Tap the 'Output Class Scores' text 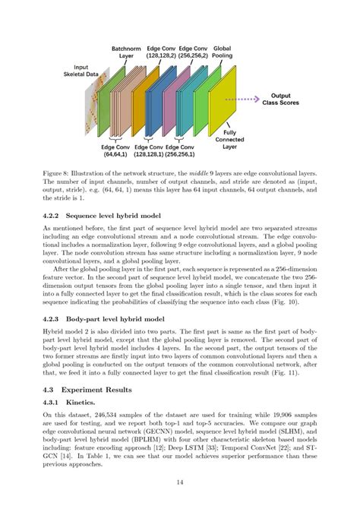click(283, 100)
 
